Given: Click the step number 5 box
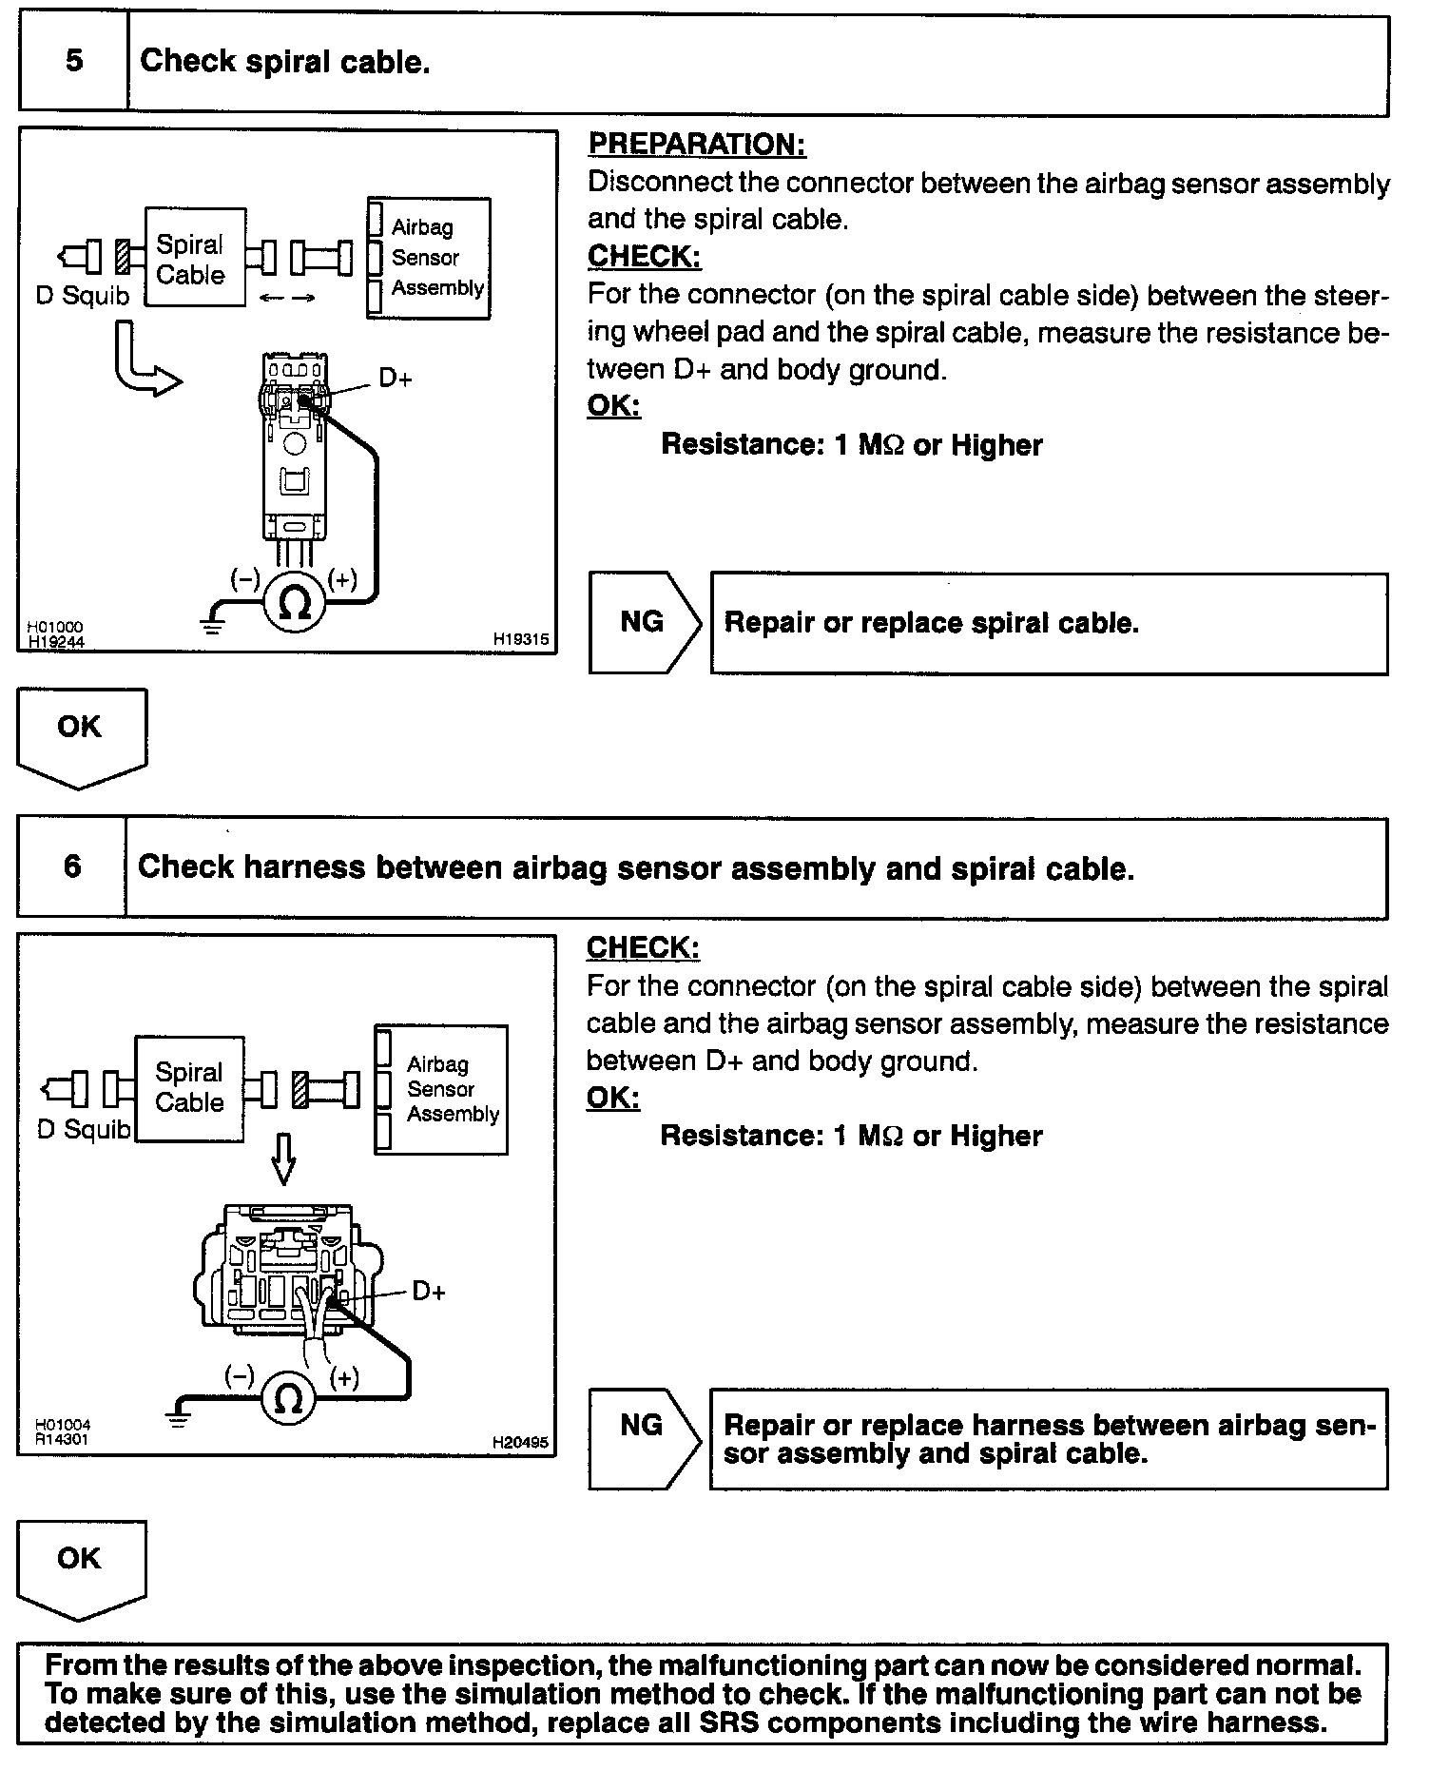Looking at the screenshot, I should tap(74, 63).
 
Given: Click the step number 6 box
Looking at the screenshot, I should tap(72, 867).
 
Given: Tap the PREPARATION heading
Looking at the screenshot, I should tap(696, 145).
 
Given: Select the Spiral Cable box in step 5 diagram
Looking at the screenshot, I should tap(194, 259).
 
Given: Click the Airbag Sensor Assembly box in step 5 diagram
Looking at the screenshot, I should tap(430, 258).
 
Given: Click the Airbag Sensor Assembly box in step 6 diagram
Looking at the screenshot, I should tap(441, 1089).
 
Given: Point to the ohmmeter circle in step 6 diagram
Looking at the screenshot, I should tap(288, 1398).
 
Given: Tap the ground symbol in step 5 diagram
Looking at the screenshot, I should tap(212, 627).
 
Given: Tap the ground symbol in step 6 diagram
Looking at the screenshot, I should tap(178, 1420).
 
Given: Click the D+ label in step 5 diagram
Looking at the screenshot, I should tap(396, 379).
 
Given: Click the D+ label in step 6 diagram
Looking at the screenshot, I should tap(429, 1292).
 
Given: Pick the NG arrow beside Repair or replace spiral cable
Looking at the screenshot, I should tap(644, 623).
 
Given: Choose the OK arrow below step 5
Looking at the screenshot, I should tap(82, 735).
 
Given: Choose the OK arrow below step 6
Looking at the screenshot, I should tap(82, 1567).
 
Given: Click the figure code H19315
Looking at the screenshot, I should tap(521, 640).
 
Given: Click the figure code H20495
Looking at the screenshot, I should tap(520, 1442).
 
